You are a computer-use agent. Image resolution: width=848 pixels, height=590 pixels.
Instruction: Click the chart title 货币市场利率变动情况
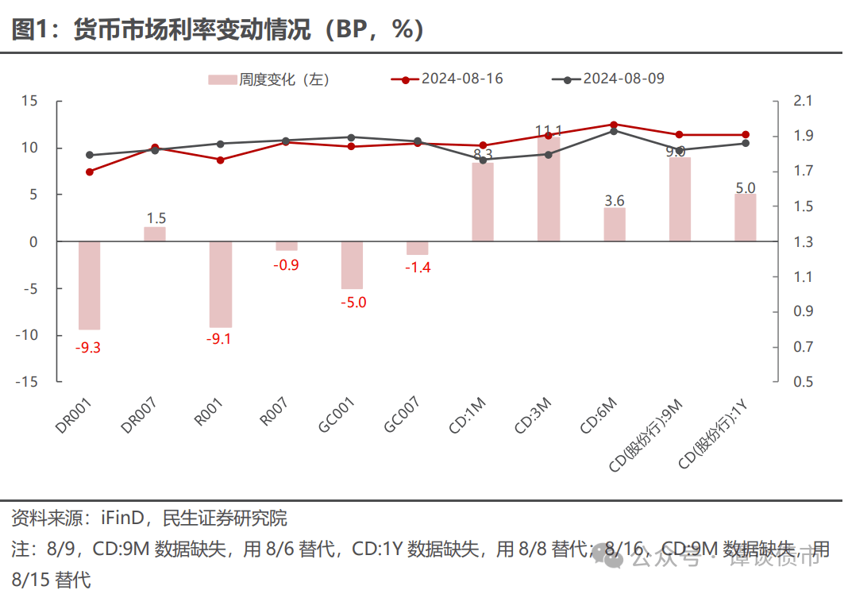point(218,29)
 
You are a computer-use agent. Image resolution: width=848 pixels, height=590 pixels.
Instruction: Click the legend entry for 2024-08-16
point(448,79)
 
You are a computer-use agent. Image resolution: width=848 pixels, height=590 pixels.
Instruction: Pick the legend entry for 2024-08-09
point(609,79)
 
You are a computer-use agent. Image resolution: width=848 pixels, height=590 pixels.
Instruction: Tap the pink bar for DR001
point(89,285)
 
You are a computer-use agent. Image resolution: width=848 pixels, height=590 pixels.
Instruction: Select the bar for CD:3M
point(549,189)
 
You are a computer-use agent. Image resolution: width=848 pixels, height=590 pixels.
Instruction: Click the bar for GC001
point(352,265)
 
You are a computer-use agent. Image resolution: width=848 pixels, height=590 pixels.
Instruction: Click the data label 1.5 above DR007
point(156,218)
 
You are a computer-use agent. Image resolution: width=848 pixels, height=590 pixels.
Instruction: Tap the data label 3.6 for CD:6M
point(615,200)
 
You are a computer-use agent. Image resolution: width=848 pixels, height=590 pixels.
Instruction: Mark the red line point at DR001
point(89,172)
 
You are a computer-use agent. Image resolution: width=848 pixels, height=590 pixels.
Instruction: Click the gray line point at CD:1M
point(483,160)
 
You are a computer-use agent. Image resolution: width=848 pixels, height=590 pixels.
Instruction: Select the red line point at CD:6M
point(614,125)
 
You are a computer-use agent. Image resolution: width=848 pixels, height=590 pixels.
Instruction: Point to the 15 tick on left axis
point(29,101)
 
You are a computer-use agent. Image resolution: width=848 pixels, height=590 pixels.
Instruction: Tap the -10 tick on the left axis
point(27,335)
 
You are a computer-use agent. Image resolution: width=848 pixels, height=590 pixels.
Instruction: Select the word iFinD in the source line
point(124,519)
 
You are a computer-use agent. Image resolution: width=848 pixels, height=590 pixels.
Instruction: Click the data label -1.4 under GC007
point(417,268)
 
